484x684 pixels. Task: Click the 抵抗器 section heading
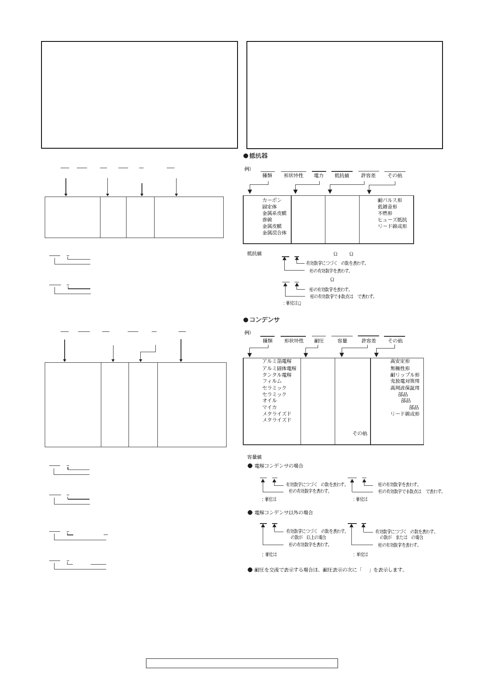pos(258,156)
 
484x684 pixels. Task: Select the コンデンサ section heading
pos(264,320)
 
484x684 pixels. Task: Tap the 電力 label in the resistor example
pos(318,175)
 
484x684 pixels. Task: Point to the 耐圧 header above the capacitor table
pos(319,341)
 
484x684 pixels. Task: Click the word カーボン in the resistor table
pos(272,200)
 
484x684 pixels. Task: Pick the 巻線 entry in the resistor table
pos(267,220)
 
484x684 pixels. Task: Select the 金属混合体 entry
pos(274,233)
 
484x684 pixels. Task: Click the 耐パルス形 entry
pos(390,200)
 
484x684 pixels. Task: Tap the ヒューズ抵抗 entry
pos(392,220)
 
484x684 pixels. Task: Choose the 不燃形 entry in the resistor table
pos(385,213)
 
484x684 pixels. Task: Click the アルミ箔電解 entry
pos(277,361)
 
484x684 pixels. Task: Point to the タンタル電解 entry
pos(277,375)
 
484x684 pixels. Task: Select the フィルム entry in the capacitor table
pos(272,381)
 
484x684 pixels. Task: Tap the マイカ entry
pos(269,407)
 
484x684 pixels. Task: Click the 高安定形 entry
pos(400,361)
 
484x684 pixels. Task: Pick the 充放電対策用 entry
pos(405,381)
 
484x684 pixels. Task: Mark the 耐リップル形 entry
pos(405,375)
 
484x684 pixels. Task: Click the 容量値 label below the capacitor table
pos(255,457)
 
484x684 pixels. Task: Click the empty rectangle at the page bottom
pos(242,663)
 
